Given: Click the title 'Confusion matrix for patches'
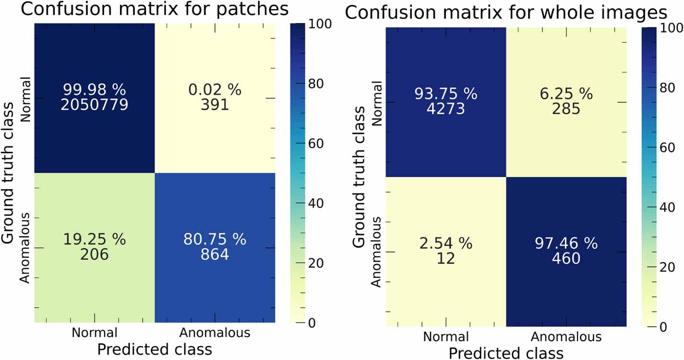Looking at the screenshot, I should (x=155, y=9).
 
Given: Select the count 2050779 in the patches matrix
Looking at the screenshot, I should (x=94, y=105).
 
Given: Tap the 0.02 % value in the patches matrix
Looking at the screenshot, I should (x=215, y=90).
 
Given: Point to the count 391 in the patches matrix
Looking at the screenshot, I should (x=215, y=105).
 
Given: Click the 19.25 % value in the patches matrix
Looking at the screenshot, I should (x=94, y=239).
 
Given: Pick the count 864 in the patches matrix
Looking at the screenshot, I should (x=215, y=254).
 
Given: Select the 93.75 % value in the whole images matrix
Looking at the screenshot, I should (x=446, y=94).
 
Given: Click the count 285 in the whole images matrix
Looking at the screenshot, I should (x=566, y=109).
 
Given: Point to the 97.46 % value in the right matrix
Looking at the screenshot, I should (x=566, y=243).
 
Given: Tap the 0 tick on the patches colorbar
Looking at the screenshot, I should (x=312, y=323).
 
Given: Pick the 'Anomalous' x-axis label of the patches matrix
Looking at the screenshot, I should (x=215, y=333).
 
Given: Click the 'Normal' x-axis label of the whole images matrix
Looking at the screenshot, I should (x=446, y=337).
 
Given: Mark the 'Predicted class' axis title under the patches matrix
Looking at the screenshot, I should (x=155, y=349).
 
